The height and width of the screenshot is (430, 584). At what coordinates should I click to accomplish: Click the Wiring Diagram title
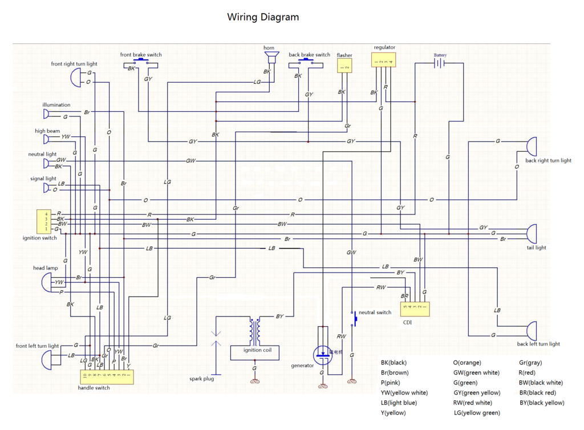coord(263,17)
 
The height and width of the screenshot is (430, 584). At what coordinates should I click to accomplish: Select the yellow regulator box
coord(384,60)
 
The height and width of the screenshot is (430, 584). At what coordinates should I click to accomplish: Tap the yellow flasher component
coord(344,66)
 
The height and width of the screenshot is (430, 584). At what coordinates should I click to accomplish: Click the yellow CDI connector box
coord(415,309)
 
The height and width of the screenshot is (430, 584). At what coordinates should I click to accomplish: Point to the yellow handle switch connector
coord(107,376)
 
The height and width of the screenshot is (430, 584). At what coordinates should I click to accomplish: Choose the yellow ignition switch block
coord(43,221)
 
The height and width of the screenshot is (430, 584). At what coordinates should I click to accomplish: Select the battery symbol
coord(439,63)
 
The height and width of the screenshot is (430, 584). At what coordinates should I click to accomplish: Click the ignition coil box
coord(254,352)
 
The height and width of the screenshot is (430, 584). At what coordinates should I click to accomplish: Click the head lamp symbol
coord(46,282)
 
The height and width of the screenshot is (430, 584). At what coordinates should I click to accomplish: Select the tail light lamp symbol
coord(531,233)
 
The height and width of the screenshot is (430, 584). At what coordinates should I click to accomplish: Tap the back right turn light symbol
coord(531,147)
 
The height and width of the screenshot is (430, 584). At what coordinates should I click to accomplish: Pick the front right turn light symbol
coord(76,78)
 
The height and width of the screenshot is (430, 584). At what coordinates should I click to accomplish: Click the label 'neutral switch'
coord(375,313)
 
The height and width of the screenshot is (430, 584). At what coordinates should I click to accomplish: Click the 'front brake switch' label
coord(141,55)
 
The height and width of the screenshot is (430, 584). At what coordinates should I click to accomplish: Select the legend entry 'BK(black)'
coord(394,362)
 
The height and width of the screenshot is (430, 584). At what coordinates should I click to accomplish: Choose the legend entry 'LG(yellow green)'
coord(477,412)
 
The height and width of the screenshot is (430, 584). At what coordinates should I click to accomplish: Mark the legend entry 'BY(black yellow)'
coord(542,403)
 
